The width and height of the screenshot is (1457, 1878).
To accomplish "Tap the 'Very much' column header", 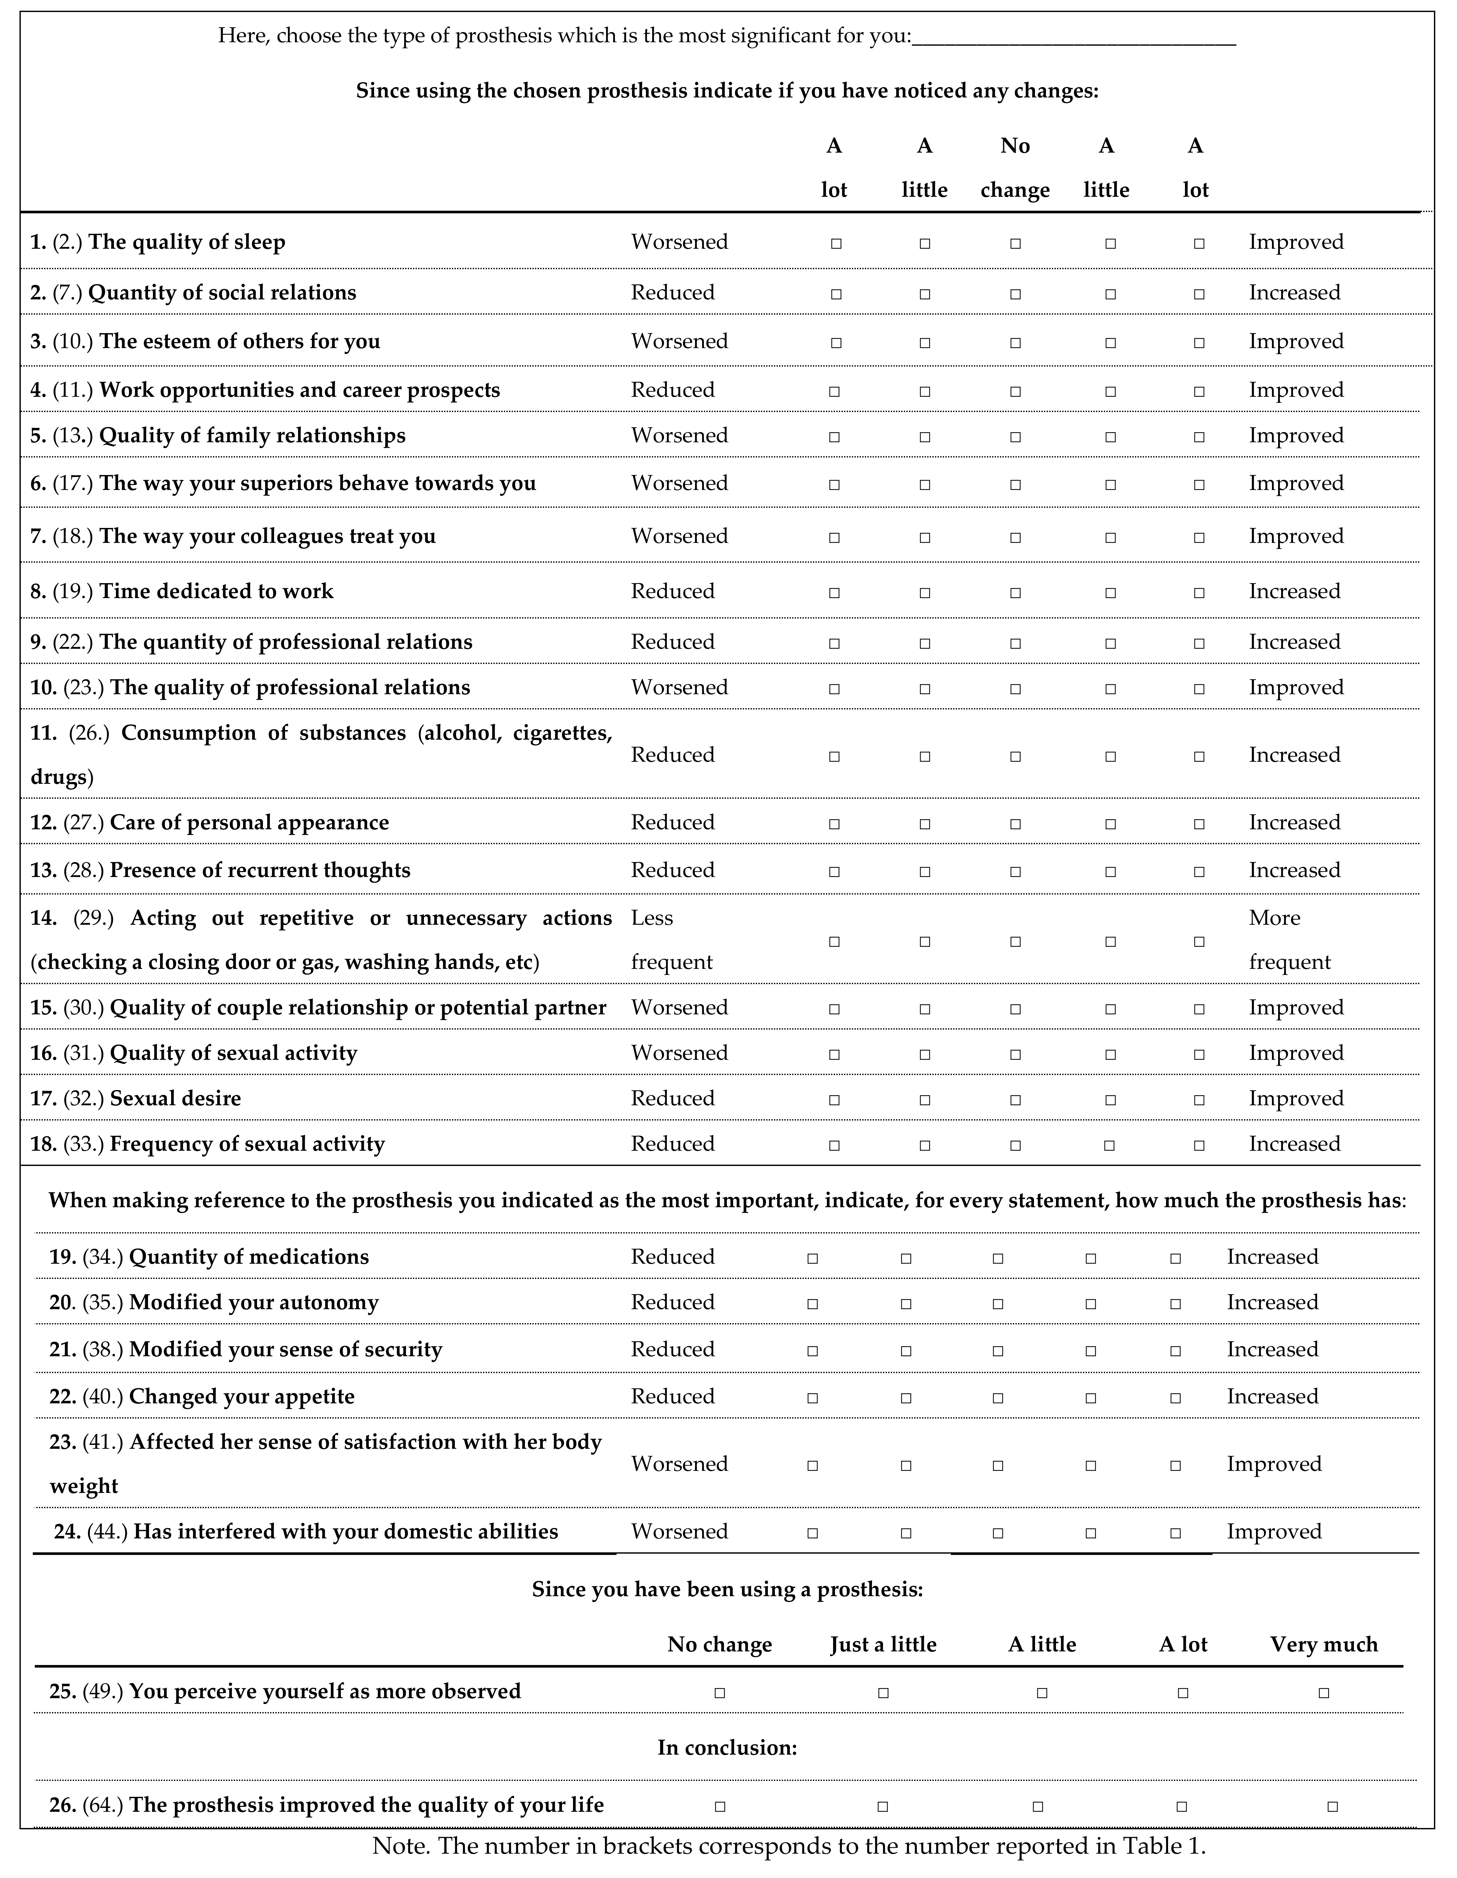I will click(1324, 1645).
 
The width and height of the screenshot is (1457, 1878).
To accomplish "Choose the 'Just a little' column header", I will click(883, 1645).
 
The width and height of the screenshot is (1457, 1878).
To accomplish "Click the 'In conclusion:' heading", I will click(727, 1748).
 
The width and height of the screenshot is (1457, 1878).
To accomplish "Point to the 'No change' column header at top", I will click(1015, 168).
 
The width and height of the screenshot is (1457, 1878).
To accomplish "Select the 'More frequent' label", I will click(1289, 940).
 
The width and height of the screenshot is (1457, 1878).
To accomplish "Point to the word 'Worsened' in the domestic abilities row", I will click(679, 1532).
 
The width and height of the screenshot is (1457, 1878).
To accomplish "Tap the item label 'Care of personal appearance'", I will click(249, 823).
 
